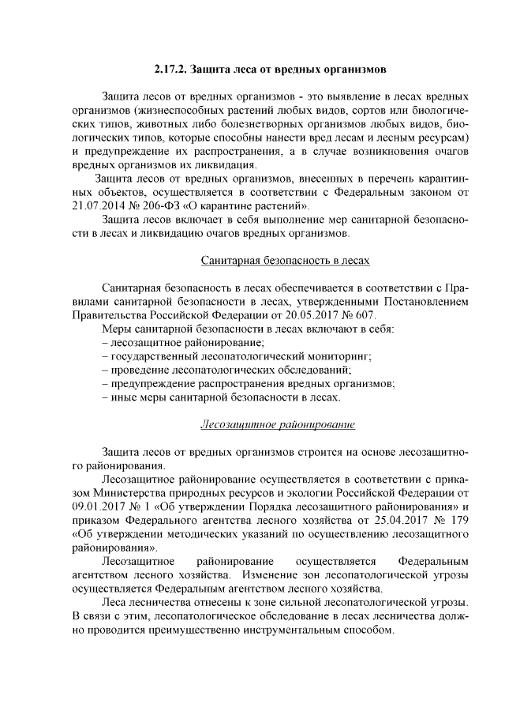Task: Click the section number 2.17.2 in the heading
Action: [x=169, y=69]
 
